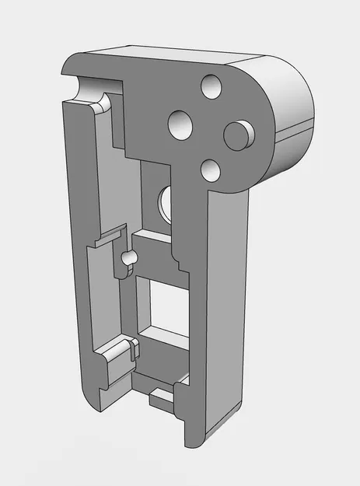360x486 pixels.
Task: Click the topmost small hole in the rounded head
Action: tap(211, 86)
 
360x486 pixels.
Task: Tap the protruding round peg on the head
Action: tap(238, 135)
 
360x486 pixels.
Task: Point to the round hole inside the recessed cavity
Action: tap(165, 204)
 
